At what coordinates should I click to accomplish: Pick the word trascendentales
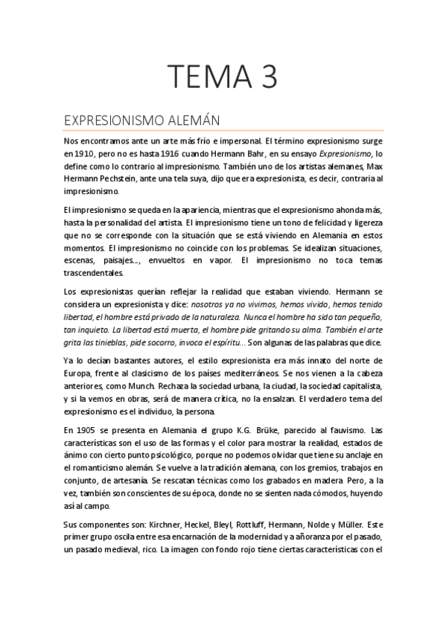point(93,273)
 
